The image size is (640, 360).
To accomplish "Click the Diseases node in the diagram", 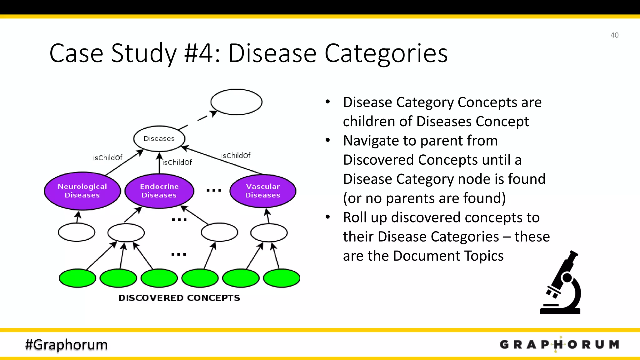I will pyautogui.click(x=159, y=138).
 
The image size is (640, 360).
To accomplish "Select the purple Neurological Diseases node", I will pyautogui.click(x=82, y=191).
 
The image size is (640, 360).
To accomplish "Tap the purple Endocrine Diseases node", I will pyautogui.click(x=159, y=191).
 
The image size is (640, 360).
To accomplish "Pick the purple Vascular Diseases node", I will pyautogui.click(x=262, y=191).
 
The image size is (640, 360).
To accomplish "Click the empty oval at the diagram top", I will pyautogui.click(x=236, y=102).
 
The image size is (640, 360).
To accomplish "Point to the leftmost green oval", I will pyautogui.click(x=77, y=278).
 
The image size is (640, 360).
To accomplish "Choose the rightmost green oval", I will pyautogui.click(x=282, y=278).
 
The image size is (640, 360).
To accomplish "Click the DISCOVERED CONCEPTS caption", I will pyautogui.click(x=179, y=298).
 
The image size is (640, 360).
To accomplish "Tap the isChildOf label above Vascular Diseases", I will pyautogui.click(x=236, y=155).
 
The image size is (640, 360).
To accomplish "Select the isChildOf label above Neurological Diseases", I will pyautogui.click(x=107, y=157).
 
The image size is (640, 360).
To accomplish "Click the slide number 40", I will pyautogui.click(x=614, y=35).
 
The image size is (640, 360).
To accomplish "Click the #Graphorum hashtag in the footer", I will pyautogui.click(x=66, y=344).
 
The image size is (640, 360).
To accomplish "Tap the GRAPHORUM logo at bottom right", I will pyautogui.click(x=559, y=344).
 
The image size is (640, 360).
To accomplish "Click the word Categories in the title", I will pyautogui.click(x=386, y=53).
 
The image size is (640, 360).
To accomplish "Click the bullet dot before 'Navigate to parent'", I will pyautogui.click(x=327, y=140).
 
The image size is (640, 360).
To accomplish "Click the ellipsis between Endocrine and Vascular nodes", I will pyautogui.click(x=214, y=190).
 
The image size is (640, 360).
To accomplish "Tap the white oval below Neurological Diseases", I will pyautogui.click(x=77, y=232).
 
